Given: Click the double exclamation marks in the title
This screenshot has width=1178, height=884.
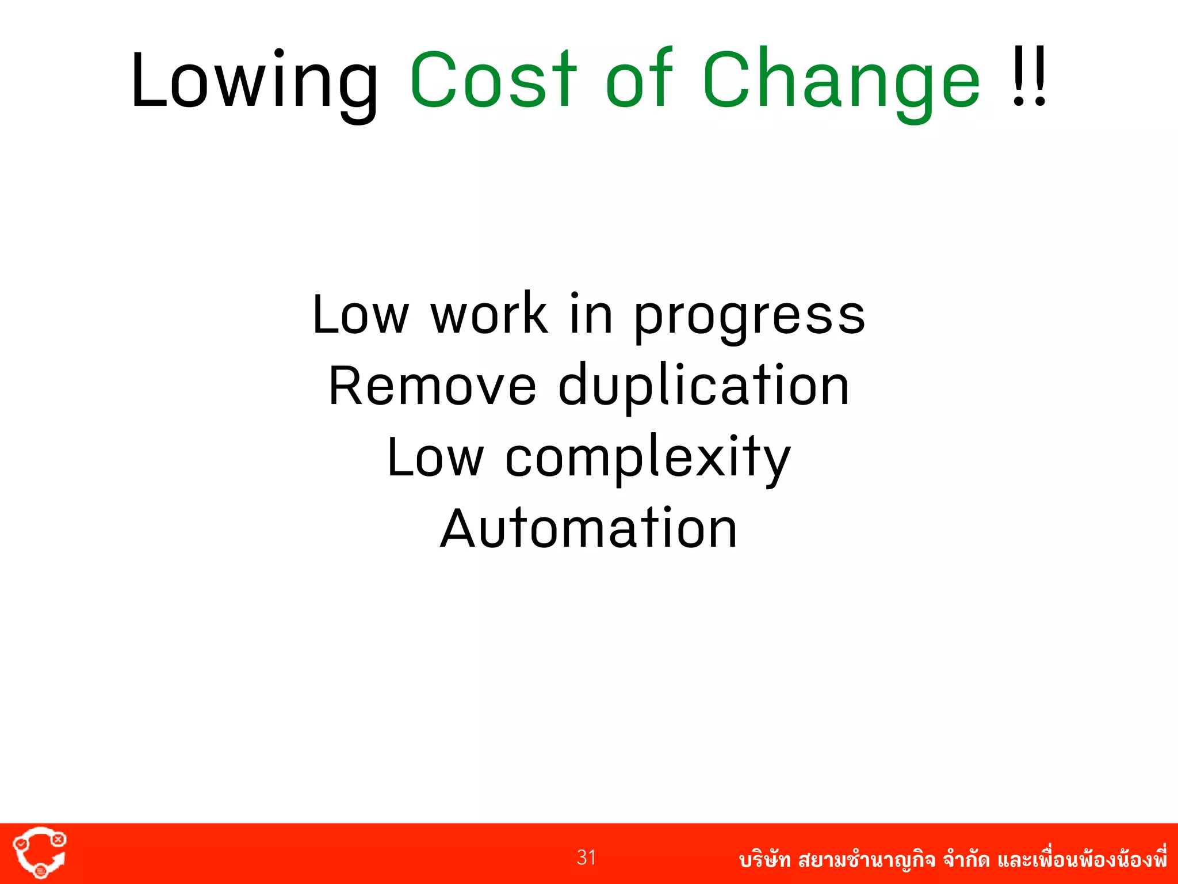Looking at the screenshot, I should pos(1029,78).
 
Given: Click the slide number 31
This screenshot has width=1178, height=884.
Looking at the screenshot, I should pos(586,858).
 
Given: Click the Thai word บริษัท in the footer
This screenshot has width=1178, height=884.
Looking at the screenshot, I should pos(764,860).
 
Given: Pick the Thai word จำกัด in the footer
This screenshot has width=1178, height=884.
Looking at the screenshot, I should pos(966,860).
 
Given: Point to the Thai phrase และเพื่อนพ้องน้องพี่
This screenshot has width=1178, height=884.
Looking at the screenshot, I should pos(1082,859).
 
